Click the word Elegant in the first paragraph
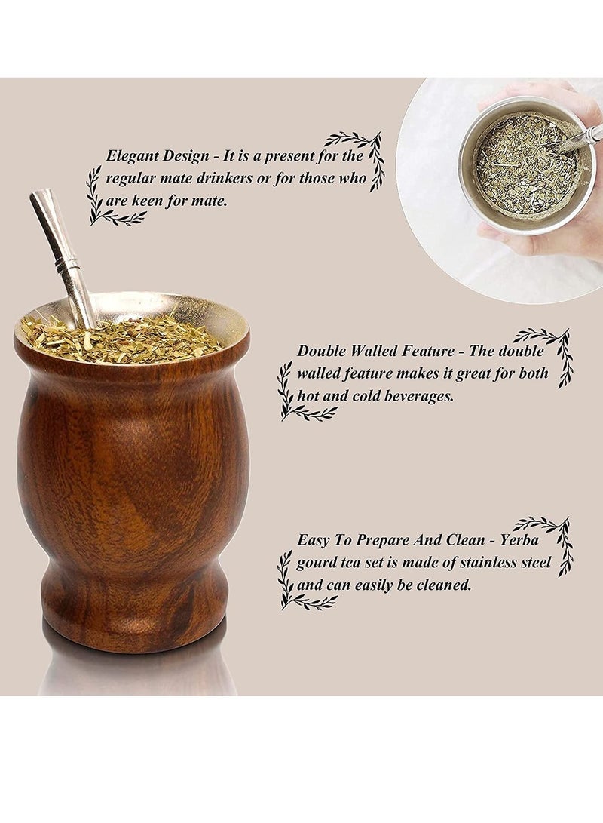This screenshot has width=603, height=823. pyautogui.click(x=130, y=156)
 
